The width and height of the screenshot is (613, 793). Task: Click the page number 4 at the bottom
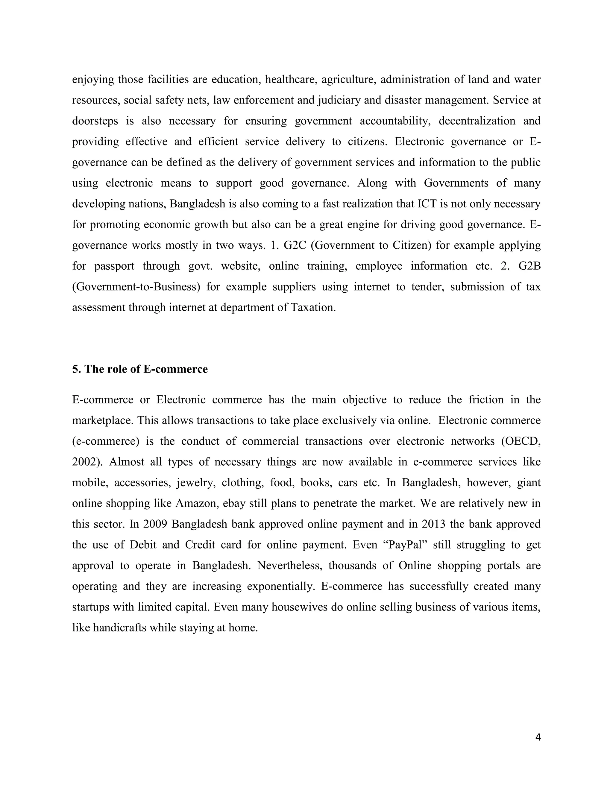tap(538, 737)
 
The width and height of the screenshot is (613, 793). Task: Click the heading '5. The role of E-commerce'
tap(140, 369)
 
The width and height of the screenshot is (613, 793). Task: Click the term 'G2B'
tap(529, 266)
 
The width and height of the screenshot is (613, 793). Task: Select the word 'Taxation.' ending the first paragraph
tap(313, 308)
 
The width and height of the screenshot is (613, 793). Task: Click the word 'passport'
tap(114, 266)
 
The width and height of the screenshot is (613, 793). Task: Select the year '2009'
tap(155, 524)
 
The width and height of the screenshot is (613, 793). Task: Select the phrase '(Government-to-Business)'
tap(136, 287)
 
